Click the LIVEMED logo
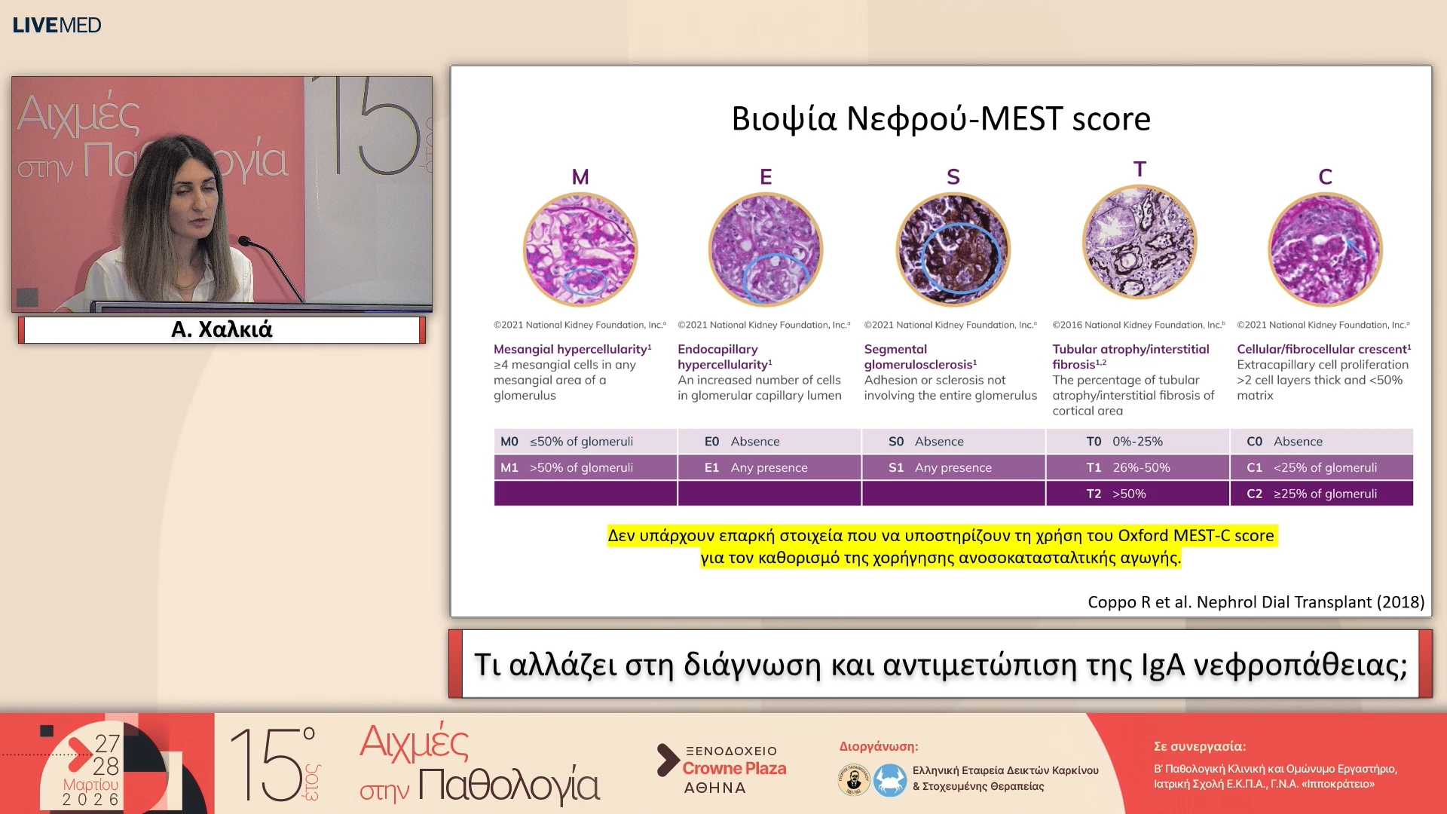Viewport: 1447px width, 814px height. pos(57,25)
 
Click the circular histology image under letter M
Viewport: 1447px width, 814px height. pos(580,249)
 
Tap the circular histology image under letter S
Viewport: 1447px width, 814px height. pos(953,249)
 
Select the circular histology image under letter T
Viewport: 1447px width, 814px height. pos(1139,243)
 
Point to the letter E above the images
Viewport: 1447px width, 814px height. pos(766,177)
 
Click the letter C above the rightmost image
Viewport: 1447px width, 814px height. pos(1325,177)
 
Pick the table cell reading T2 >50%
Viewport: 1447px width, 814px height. pos(1137,494)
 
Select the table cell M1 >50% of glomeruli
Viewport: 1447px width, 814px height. pos(585,467)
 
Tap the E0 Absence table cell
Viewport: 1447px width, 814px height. pos(769,442)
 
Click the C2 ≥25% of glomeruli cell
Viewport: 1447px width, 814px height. pos(1321,494)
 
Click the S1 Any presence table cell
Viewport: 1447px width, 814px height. pos(953,467)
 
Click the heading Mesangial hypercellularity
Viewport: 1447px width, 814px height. pos(571,349)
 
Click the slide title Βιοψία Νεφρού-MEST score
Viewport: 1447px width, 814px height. pos(941,119)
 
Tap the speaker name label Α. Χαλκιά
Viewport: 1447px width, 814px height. pos(222,329)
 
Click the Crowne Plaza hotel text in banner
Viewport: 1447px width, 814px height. pos(734,768)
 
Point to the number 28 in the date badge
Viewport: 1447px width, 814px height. pos(106,766)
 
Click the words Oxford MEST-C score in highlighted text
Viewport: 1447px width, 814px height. pos(1195,535)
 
